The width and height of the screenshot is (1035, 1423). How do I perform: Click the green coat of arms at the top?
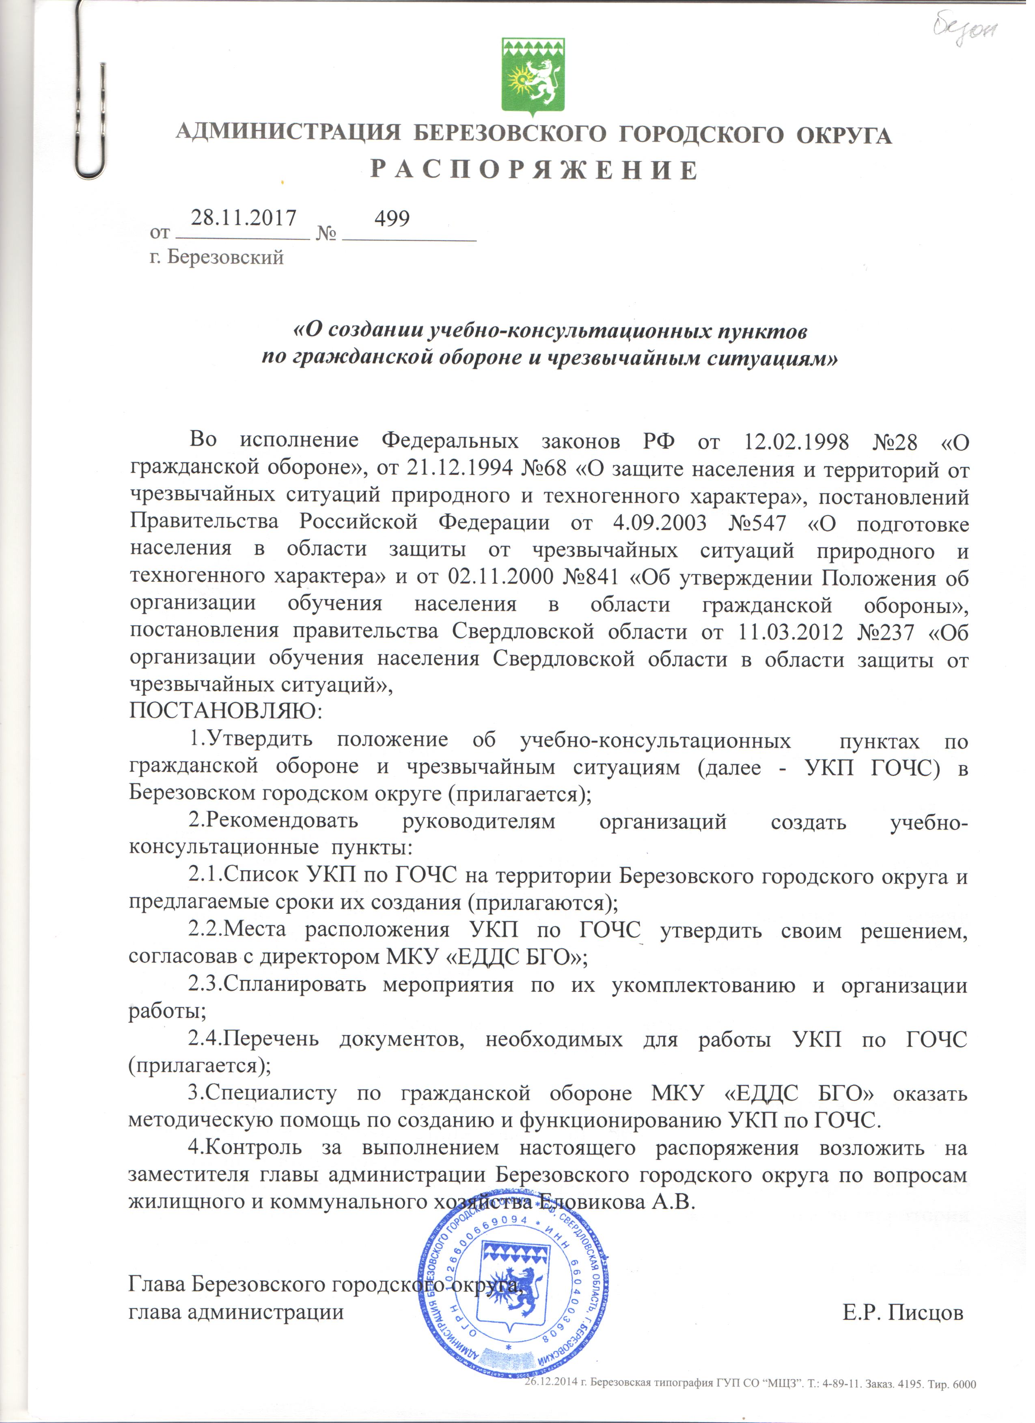coord(533,77)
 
